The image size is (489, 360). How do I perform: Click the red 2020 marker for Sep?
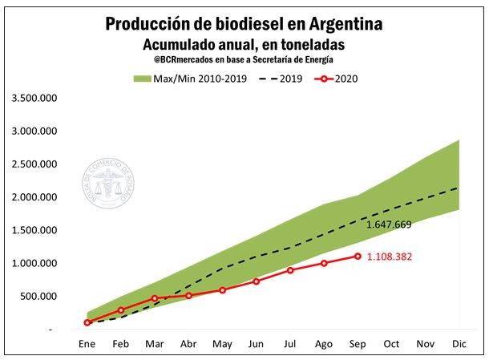(358, 256)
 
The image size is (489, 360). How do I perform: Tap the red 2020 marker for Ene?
(87, 322)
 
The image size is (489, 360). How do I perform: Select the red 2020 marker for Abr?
(189, 296)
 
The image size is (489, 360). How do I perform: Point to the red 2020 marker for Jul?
(290, 270)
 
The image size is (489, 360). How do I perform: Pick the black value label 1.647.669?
(389, 224)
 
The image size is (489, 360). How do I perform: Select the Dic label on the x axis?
(459, 344)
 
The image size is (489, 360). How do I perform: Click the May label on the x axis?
(222, 344)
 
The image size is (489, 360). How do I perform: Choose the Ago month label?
(324, 344)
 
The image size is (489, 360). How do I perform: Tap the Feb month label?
(121, 344)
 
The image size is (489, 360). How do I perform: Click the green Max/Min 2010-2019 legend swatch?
(143, 79)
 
